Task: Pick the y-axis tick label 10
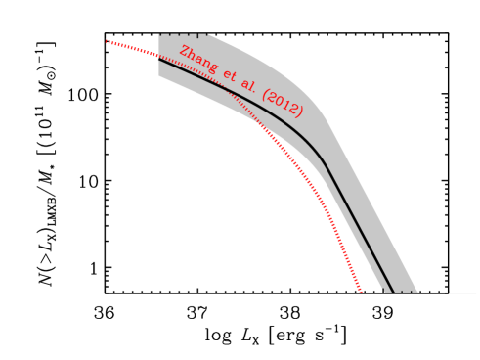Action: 83,181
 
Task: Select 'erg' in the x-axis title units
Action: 284,337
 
